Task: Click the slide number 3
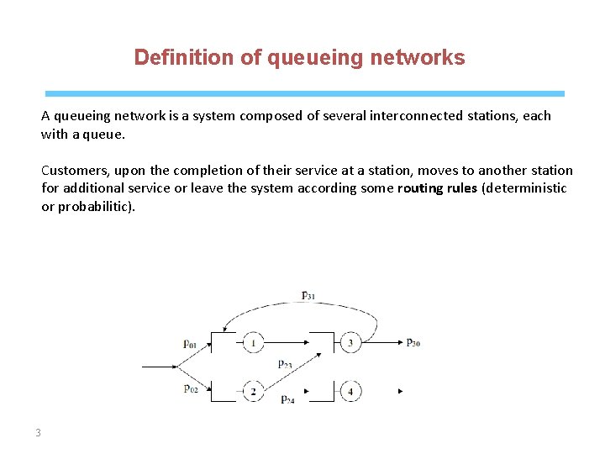(x=38, y=433)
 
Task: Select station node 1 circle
(x=253, y=342)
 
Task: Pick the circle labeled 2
(x=253, y=391)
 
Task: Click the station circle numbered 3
(x=350, y=342)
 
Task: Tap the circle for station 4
(x=350, y=391)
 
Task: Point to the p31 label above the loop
(x=308, y=295)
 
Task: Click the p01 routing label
(x=191, y=342)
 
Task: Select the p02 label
(x=191, y=388)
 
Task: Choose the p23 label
(x=286, y=363)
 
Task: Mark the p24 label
(x=287, y=399)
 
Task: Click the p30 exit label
(x=413, y=342)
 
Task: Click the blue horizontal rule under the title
(x=304, y=93)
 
